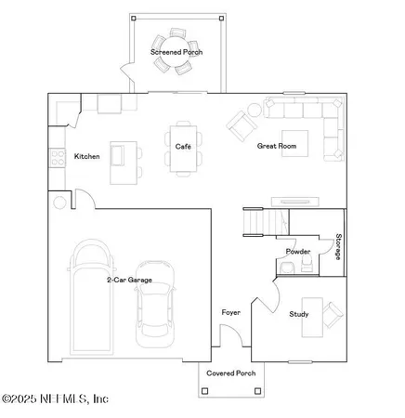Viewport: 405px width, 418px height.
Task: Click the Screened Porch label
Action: [x=176, y=52]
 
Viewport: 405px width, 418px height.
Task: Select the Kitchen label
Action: [x=86, y=156]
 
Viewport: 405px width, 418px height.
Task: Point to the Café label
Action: [x=183, y=146]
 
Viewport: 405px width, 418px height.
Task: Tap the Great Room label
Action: [x=277, y=146]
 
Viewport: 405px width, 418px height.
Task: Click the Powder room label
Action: [x=298, y=252]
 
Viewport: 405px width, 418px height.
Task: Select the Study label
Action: [x=298, y=314]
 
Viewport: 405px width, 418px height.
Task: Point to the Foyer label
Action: [x=230, y=312]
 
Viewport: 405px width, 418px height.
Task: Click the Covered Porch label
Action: [x=231, y=372]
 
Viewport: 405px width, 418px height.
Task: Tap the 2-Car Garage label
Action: [x=129, y=279]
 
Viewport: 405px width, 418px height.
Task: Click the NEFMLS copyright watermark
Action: [x=56, y=399]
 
